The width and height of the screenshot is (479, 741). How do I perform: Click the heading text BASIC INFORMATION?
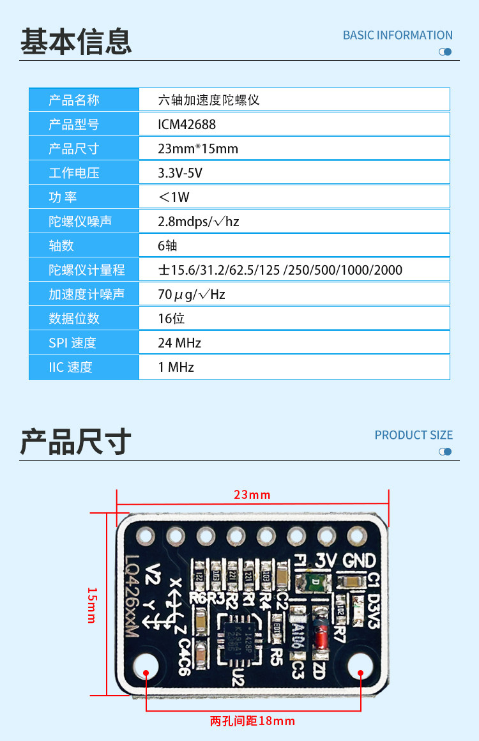pyautogui.click(x=397, y=35)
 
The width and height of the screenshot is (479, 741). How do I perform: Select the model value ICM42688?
pyautogui.click(x=186, y=125)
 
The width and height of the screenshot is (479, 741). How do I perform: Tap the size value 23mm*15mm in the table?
pyautogui.click(x=198, y=149)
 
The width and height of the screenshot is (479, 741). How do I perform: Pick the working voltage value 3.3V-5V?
pyautogui.click(x=180, y=173)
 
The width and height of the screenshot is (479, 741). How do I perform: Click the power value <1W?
pyautogui.click(x=174, y=197)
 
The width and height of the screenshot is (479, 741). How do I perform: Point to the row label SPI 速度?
pyautogui.click(x=72, y=343)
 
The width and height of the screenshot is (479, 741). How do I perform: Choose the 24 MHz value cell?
pyautogui.click(x=179, y=343)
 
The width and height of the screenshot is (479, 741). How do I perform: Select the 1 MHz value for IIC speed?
pyautogui.click(x=176, y=367)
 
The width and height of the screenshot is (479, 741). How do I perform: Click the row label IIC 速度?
pyautogui.click(x=70, y=367)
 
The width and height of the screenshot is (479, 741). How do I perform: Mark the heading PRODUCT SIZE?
pyautogui.click(x=413, y=435)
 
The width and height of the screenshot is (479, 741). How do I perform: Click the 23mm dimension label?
pyautogui.click(x=252, y=495)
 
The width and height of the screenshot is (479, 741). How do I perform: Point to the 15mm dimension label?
pyautogui.click(x=91, y=605)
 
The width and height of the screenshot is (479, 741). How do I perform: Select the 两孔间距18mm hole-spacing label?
pyautogui.click(x=252, y=721)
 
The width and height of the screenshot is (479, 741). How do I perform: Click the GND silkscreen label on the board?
pyautogui.click(x=359, y=561)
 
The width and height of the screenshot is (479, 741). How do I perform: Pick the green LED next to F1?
pyautogui.click(x=316, y=582)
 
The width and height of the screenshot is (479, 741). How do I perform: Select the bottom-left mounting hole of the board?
pyautogui.click(x=146, y=666)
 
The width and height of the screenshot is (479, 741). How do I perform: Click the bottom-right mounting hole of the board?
pyautogui.click(x=360, y=666)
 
